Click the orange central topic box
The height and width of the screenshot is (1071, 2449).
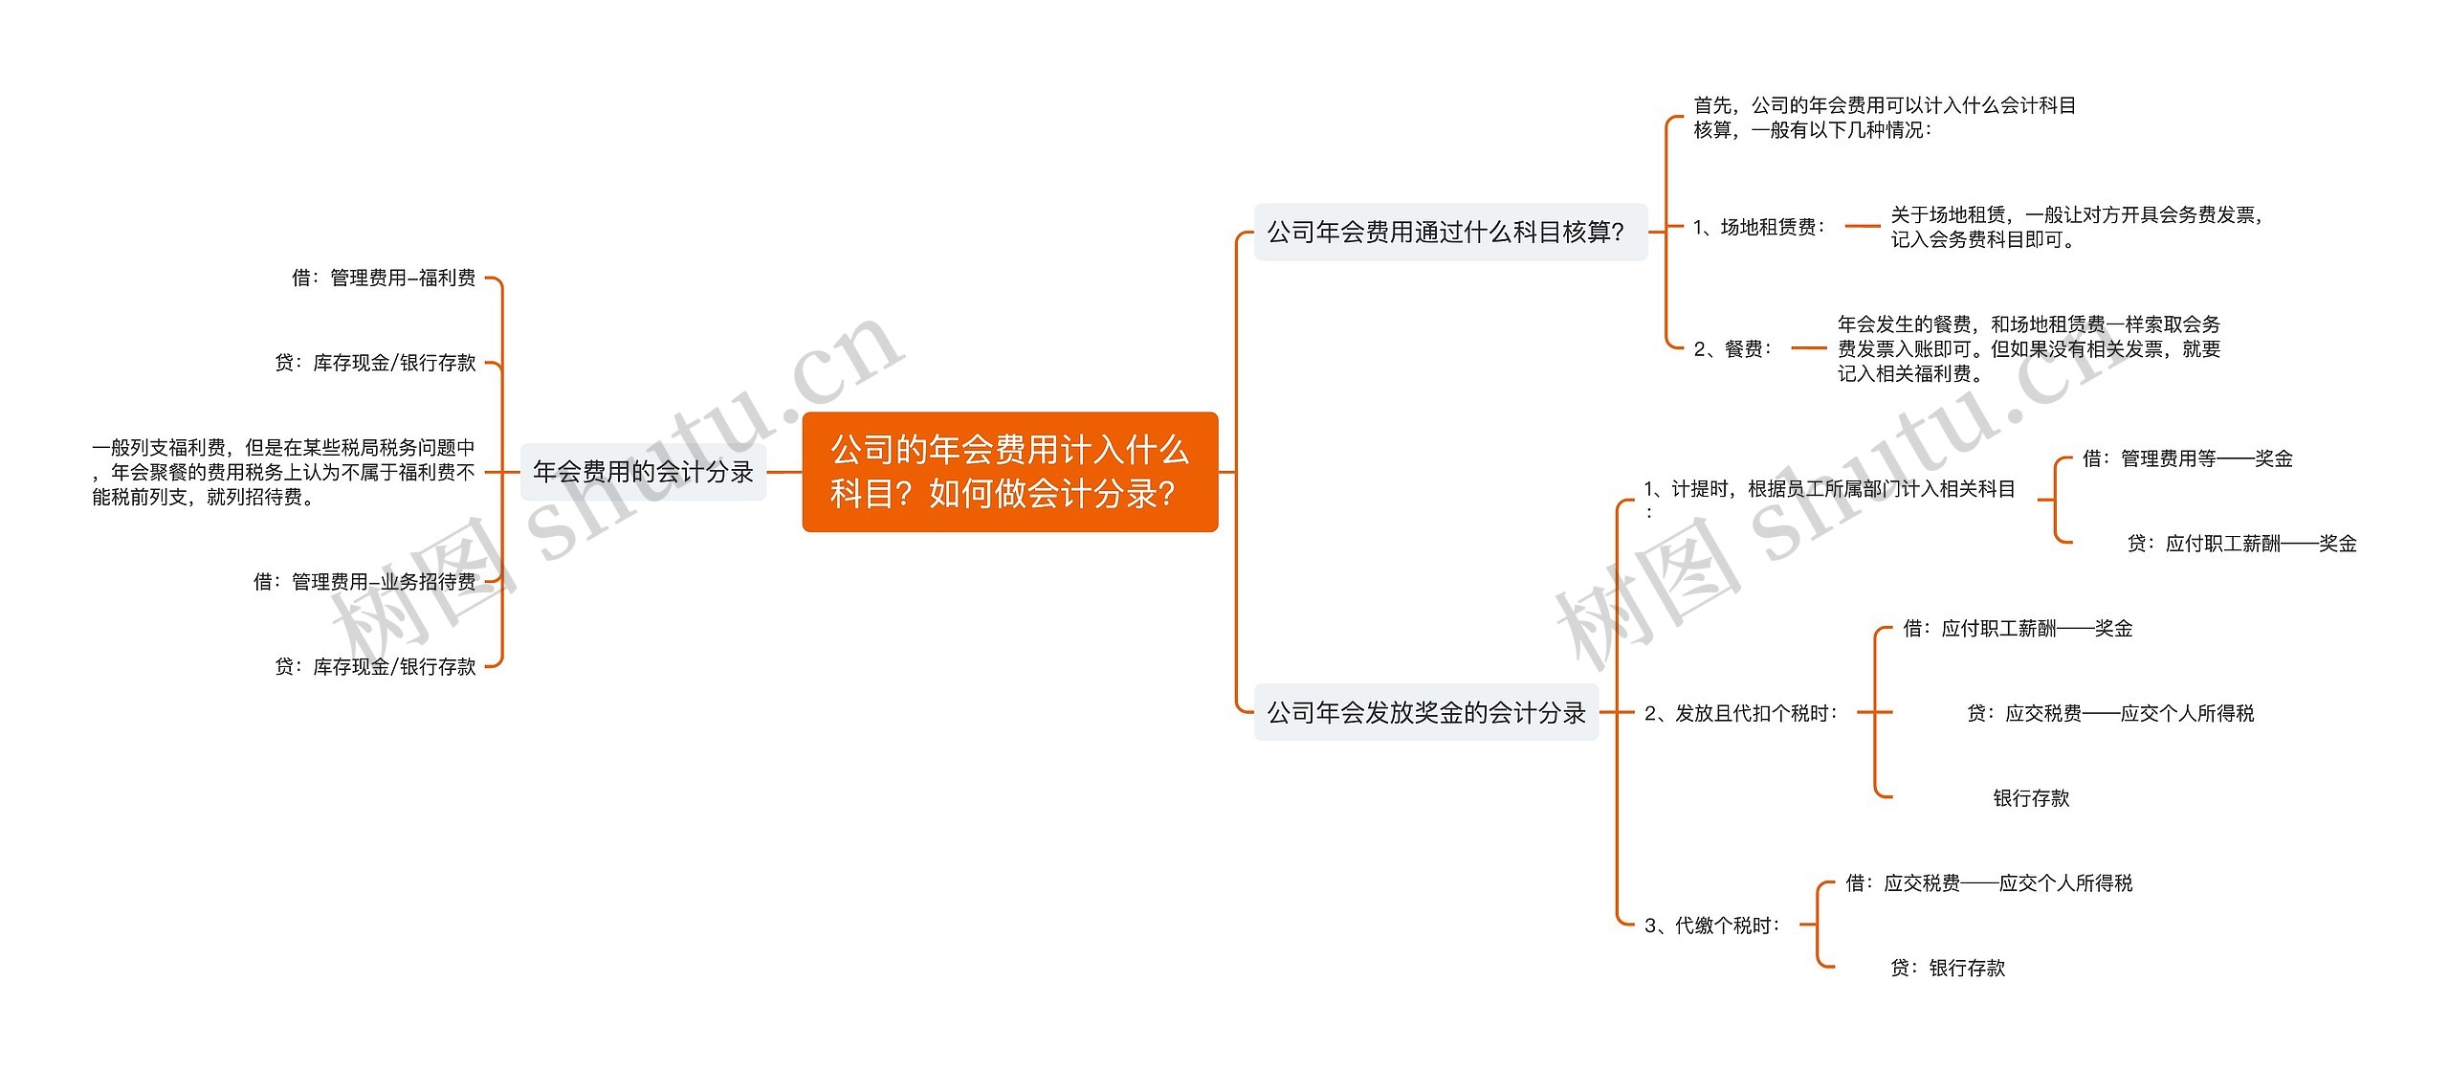click(x=1009, y=472)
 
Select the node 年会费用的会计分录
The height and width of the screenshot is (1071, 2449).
click(x=643, y=472)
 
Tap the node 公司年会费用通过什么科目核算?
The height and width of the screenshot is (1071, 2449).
click(x=1449, y=232)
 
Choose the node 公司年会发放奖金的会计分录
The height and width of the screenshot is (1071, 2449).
click(x=1426, y=712)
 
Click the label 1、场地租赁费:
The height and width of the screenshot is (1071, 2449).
click(x=1758, y=227)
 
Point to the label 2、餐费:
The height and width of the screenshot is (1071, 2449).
click(x=1732, y=349)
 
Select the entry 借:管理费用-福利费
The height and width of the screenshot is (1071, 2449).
click(x=384, y=278)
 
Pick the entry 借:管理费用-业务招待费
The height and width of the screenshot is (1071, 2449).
click(x=364, y=581)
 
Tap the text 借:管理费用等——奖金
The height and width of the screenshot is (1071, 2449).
click(x=2187, y=458)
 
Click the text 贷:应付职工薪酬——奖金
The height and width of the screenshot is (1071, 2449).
click(x=2240, y=544)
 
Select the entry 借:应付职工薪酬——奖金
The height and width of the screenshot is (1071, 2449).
click(x=2018, y=628)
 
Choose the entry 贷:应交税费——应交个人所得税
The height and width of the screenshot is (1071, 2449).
click(x=2109, y=713)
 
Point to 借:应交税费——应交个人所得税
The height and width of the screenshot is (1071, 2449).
click(x=1989, y=882)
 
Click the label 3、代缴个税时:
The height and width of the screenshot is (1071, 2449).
click(x=1711, y=925)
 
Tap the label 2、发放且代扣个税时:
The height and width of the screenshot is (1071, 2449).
click(x=1740, y=713)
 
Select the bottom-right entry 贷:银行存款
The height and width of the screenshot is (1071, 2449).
click(x=1947, y=968)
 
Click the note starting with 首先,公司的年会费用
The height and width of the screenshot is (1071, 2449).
click(x=1884, y=118)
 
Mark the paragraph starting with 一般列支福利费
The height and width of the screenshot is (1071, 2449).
click(x=283, y=472)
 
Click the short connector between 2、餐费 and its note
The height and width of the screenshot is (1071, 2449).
click(x=1807, y=349)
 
